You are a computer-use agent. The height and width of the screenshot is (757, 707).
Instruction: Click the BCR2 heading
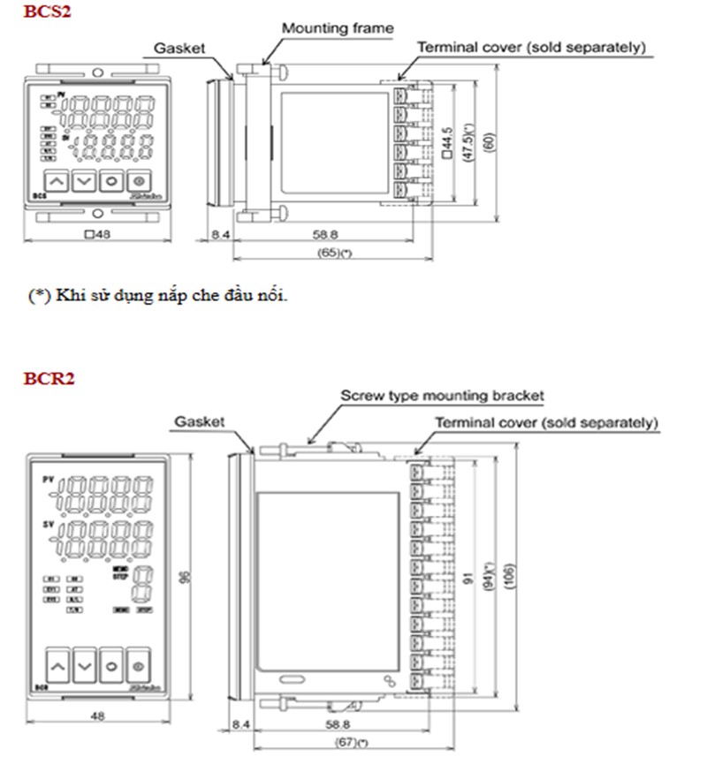(49, 379)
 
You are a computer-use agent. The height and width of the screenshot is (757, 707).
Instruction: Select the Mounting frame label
(337, 28)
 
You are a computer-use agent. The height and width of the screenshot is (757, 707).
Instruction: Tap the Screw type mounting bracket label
(442, 396)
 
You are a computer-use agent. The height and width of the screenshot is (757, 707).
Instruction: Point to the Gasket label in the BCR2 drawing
(199, 422)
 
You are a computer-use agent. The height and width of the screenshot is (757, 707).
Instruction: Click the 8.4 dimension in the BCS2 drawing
(221, 236)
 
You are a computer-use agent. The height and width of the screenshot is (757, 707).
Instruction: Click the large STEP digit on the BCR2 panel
(141, 584)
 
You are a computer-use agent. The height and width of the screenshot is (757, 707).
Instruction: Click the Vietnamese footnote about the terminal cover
(158, 296)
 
